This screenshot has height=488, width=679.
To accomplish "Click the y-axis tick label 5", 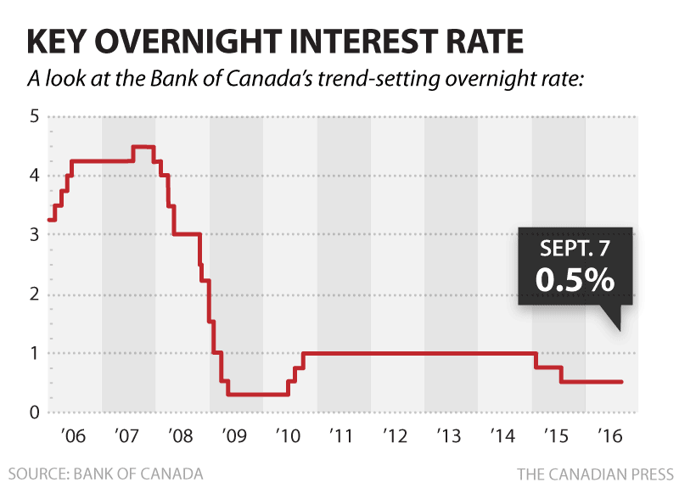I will click(x=34, y=116).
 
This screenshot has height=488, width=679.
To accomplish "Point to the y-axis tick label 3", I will click(x=34, y=235).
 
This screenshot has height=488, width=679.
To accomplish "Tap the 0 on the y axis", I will click(x=34, y=412).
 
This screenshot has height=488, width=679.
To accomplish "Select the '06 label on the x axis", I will click(x=75, y=438).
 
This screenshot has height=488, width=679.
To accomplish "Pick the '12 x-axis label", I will click(x=397, y=438).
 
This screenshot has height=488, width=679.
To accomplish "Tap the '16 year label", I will click(x=612, y=438).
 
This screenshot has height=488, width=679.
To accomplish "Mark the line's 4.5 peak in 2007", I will click(x=143, y=148).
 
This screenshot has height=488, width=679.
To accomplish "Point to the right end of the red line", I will click(x=622, y=382).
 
